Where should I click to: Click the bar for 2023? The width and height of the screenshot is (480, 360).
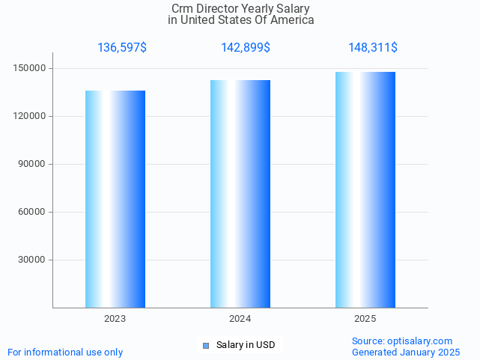pos(115,199)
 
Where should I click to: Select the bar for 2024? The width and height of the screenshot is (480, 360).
pos(240,194)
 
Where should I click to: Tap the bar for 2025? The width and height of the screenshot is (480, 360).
pos(365,190)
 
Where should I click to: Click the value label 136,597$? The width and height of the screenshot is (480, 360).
pos(122,48)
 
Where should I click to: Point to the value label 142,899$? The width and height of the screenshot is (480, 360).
pos(246,48)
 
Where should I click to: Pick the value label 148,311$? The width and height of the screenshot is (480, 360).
pos(373,48)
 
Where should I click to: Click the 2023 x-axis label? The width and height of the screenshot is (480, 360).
pos(115,319)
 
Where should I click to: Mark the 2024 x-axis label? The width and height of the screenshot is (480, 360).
pos(240,319)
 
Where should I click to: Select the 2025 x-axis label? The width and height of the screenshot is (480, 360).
pos(365,319)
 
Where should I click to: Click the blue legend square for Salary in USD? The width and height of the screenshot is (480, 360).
pos(206,346)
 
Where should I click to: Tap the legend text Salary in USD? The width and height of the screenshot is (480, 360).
pos(246,345)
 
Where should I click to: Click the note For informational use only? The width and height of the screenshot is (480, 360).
pos(65,353)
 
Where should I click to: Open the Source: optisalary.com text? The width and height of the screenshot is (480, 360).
pos(402,341)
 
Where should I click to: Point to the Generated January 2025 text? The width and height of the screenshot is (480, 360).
pos(406,353)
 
